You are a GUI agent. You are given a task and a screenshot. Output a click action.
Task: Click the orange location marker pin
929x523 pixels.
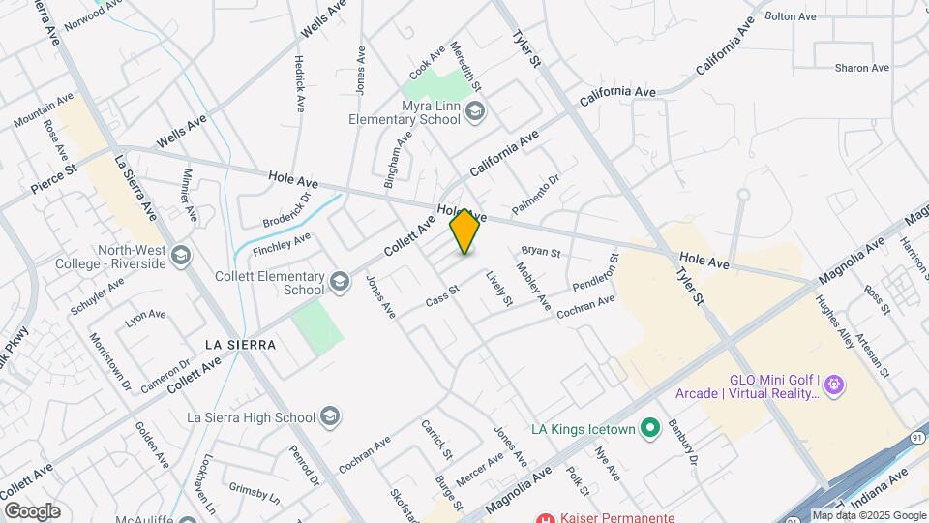tap(465, 231)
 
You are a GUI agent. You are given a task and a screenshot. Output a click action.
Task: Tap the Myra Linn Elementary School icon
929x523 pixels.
tap(474, 112)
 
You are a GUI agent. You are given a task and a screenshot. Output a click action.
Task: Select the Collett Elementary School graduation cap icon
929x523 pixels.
tap(339, 282)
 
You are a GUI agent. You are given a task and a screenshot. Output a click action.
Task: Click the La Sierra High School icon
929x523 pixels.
tap(330, 417)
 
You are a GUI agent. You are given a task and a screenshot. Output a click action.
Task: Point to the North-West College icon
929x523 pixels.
tap(182, 255)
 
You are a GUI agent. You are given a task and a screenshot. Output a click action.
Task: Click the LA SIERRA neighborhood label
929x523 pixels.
tap(241, 345)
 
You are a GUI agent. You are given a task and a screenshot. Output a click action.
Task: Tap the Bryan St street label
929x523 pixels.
tap(541, 253)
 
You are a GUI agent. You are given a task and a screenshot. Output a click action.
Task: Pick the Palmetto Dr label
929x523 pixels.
tap(536, 195)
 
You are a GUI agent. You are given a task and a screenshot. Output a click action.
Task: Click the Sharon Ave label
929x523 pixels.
tap(862, 68)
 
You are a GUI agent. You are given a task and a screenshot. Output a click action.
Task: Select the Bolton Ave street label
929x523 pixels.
tap(793, 16)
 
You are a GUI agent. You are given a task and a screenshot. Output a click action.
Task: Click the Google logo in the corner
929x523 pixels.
tap(32, 510)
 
